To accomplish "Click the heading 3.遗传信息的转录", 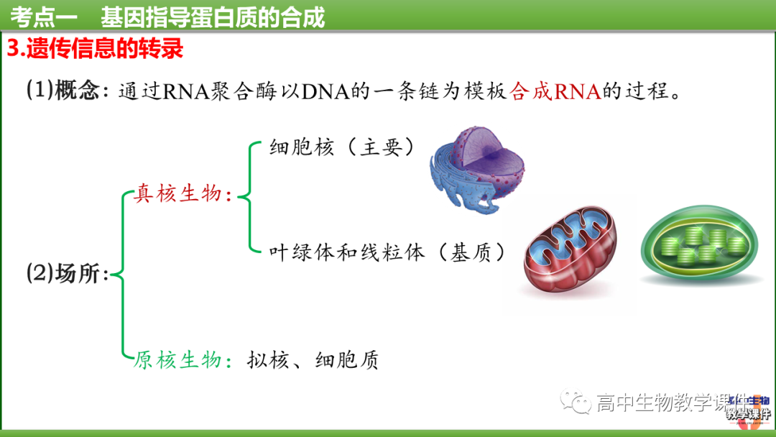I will (95, 49).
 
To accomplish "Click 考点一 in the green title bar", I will (44, 16).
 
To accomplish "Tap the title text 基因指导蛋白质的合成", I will (213, 16).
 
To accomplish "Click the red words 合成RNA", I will (555, 92).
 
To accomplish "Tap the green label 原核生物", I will (178, 359).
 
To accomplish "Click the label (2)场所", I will (66, 274).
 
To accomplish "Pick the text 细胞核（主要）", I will (343, 147).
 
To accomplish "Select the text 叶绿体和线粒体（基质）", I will (388, 252).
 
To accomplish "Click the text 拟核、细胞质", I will (313, 360).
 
